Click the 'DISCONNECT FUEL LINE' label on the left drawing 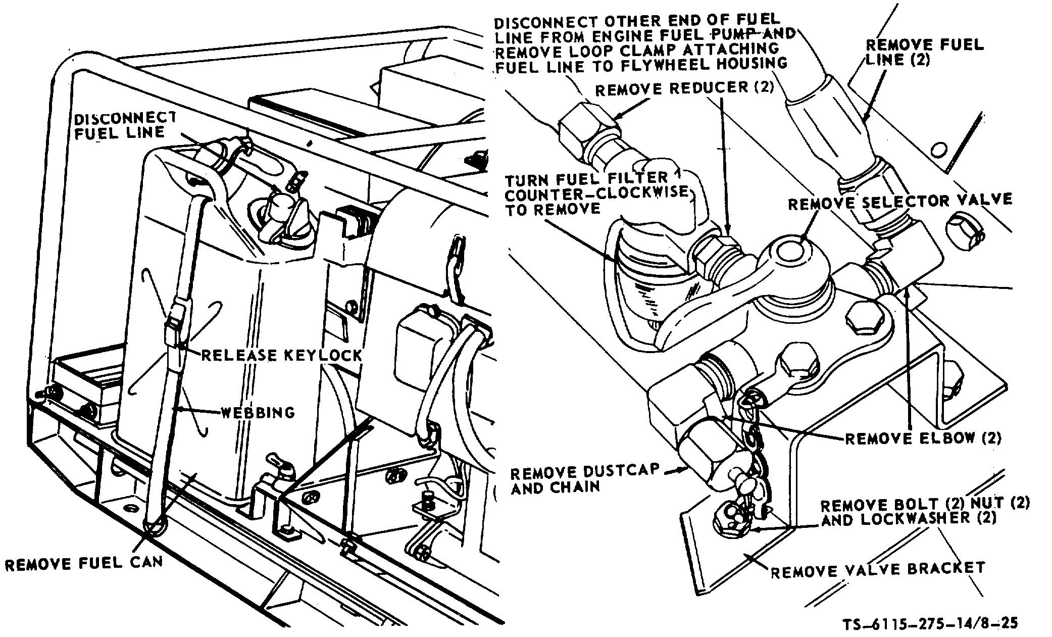point(125,125)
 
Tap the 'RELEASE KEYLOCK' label point(281,355)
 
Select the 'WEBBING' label point(258,413)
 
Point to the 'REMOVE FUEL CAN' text point(84,563)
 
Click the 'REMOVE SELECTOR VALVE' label point(900,201)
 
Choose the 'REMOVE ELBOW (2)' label point(923,438)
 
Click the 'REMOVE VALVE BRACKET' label point(878,569)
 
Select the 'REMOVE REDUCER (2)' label point(684,89)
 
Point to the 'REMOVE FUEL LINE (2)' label point(925,52)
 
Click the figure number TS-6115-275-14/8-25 point(930,623)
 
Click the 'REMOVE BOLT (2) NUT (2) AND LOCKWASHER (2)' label point(924,511)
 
